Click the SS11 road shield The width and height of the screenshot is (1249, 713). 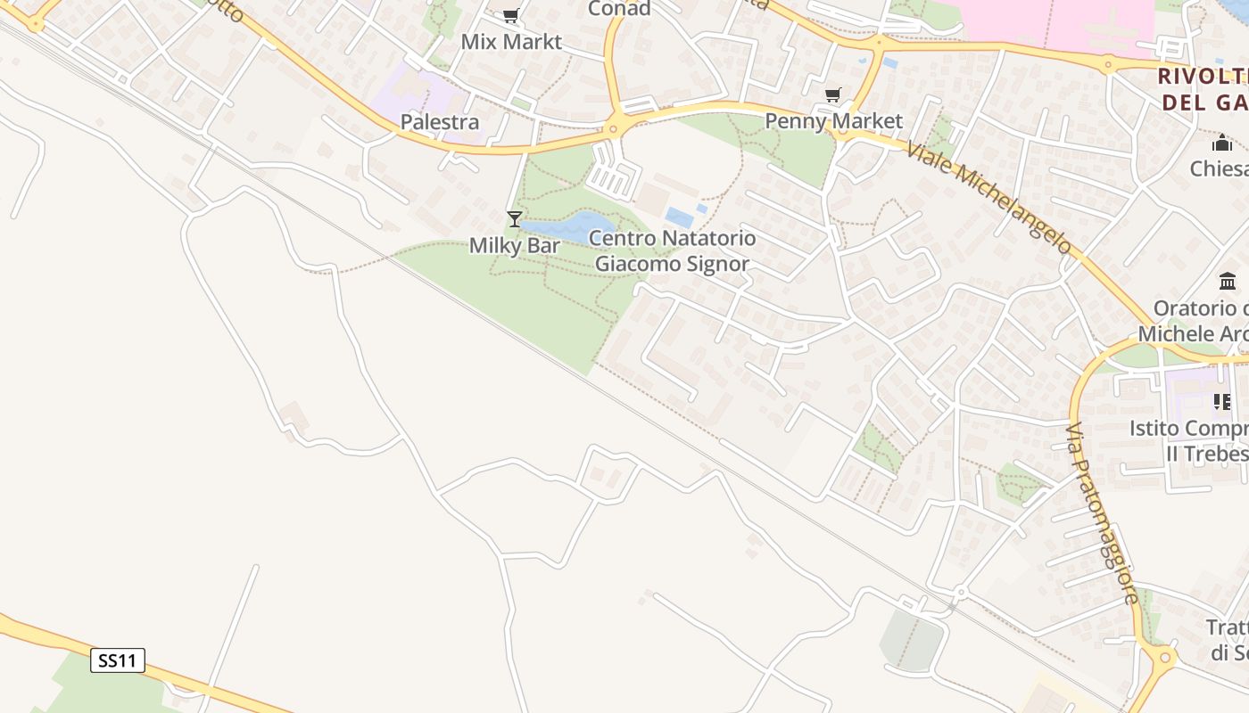118,660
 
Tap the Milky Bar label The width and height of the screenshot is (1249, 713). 515,245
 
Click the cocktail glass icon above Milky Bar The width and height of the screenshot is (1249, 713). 515,218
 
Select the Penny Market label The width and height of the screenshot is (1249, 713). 834,120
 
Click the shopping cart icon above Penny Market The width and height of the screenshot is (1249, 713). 832,94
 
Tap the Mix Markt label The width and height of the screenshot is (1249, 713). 511,42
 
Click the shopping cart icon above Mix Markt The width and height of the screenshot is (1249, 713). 510,16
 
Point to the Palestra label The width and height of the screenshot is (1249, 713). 440,121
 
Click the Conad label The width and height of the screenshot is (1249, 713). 619,9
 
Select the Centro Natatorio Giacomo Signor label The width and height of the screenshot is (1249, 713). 673,251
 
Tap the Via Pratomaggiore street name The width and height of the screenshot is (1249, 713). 1103,512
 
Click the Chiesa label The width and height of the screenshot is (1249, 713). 1220,168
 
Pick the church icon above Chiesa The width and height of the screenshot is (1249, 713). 1222,143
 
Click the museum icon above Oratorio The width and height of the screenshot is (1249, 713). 1228,283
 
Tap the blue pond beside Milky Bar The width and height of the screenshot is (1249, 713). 571,226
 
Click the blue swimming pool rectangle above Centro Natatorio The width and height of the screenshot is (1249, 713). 679,217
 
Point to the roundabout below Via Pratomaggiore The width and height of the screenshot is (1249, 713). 1163,659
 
